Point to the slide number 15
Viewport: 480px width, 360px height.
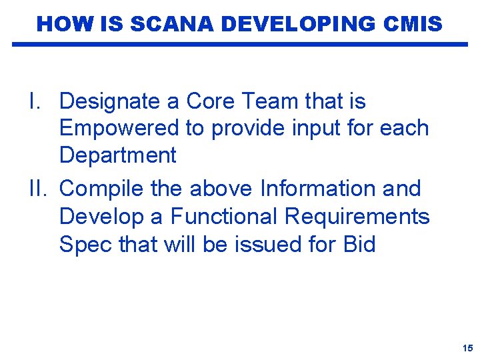click(x=467, y=349)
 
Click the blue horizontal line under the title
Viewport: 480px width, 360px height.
click(x=240, y=45)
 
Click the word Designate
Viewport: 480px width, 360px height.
click(x=109, y=101)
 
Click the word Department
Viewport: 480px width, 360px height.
click(x=117, y=156)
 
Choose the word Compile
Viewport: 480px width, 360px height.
click(x=100, y=189)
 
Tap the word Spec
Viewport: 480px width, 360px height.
click(x=85, y=245)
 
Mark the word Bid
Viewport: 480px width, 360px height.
click(x=359, y=244)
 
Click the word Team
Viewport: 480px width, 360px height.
click(x=272, y=101)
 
